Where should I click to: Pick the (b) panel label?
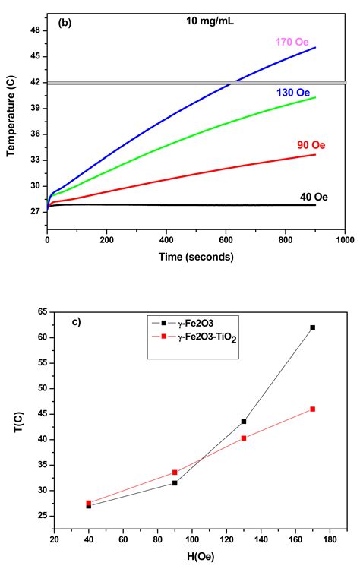coord(65,23)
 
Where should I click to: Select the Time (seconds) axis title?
coord(197,257)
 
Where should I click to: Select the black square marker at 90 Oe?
coord(175,483)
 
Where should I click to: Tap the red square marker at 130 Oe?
coord(244,438)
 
